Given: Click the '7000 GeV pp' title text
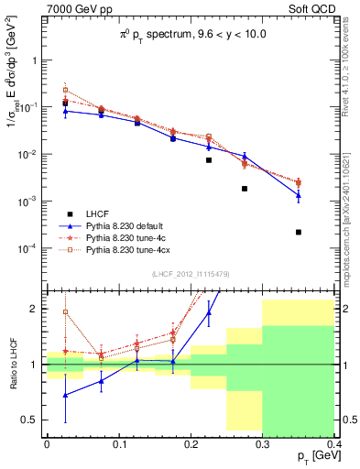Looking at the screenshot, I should coord(74,9).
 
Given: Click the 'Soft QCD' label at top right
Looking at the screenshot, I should coord(314,9).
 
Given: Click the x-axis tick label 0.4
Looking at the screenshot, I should coord(334,443).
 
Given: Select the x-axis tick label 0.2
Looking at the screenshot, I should coord(191,443).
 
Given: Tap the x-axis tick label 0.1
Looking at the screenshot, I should coord(118,443).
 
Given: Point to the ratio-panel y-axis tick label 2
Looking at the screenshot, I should coord(37,309).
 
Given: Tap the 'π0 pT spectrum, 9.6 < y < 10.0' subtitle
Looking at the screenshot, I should coord(191,35).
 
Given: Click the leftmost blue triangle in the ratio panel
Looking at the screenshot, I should coord(65,395).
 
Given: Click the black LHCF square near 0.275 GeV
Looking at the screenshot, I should coord(245,189).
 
